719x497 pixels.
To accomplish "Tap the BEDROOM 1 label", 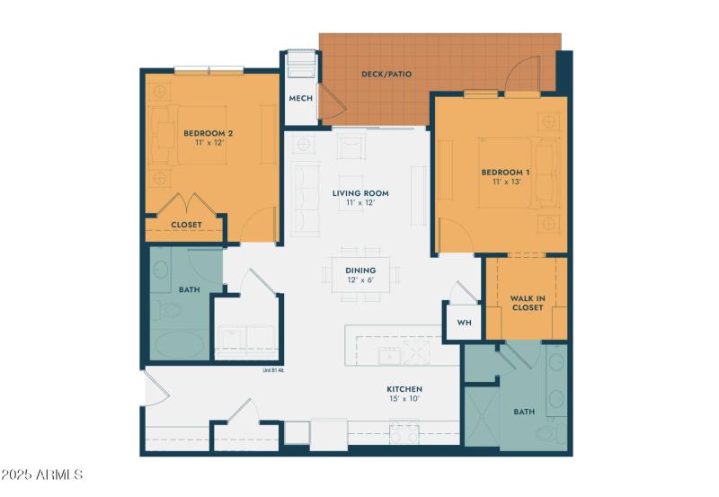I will pyautogui.click(x=505, y=172).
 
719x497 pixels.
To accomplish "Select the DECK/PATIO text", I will pyautogui.click(x=386, y=74).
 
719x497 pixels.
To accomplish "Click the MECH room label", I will pyautogui.click(x=300, y=98).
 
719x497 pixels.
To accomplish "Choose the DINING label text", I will pyautogui.click(x=360, y=270).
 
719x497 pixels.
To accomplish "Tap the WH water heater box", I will pyautogui.click(x=464, y=322).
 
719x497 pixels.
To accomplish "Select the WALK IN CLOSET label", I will pyautogui.click(x=527, y=303).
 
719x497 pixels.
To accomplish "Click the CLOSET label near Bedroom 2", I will pyautogui.click(x=187, y=225).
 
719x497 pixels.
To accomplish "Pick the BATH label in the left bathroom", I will pyautogui.click(x=189, y=289).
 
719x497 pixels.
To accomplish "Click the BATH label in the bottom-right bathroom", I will pyautogui.click(x=523, y=412).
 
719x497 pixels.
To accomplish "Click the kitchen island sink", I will pyautogui.click(x=391, y=354).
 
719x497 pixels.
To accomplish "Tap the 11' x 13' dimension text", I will pyautogui.click(x=505, y=182).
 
